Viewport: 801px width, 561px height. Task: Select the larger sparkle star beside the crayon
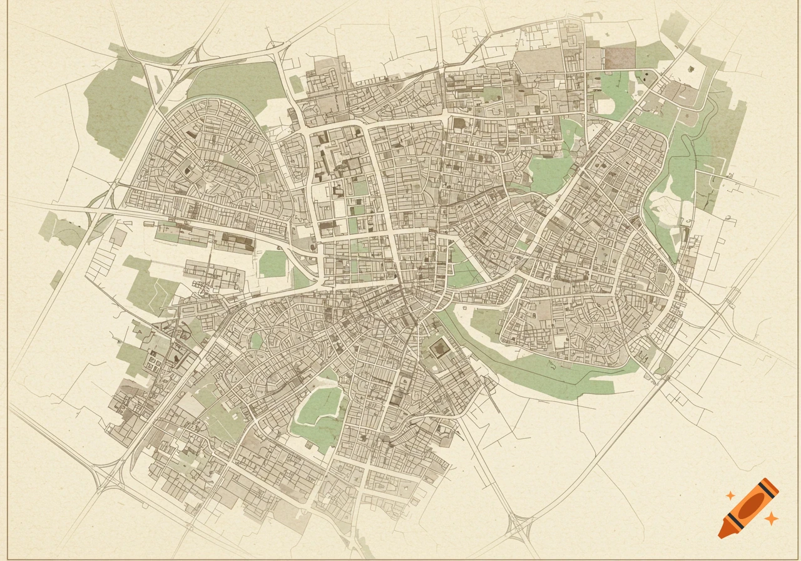click(x=772, y=518)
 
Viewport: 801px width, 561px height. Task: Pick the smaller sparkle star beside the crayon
click(x=730, y=495)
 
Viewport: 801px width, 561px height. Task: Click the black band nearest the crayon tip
click(x=733, y=521)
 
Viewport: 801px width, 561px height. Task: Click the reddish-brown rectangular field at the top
click(x=620, y=58)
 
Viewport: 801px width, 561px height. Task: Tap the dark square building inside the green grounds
click(x=441, y=347)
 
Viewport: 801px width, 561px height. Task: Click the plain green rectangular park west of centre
click(x=272, y=264)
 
